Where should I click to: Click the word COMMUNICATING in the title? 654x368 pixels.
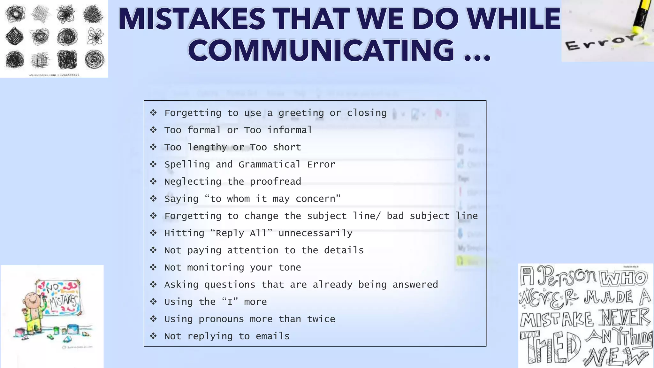(321, 50)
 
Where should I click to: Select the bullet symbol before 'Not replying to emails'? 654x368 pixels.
(153, 336)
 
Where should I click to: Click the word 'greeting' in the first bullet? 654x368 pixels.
(301, 113)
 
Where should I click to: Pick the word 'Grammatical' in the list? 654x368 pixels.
(269, 165)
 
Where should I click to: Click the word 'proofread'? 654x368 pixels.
(275, 182)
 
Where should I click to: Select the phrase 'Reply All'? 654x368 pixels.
(241, 233)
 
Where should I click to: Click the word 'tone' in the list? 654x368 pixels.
(290, 267)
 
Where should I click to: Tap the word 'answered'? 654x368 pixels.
(415, 285)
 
